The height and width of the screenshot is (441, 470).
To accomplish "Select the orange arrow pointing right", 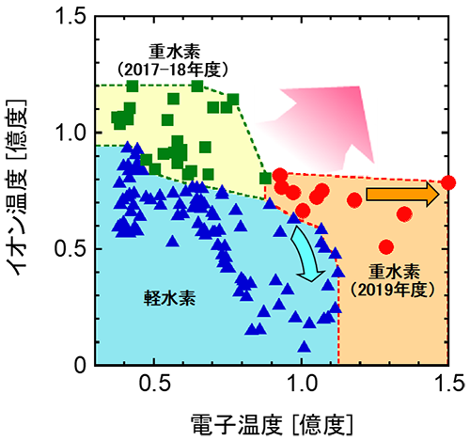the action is coord(403,195).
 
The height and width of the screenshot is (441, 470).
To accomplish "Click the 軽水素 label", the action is coord(169,297).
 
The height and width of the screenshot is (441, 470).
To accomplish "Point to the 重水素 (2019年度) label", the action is coord(393,281).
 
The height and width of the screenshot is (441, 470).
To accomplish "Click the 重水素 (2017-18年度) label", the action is coord(173,60).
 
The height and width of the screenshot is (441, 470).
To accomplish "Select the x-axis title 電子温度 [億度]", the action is coord(272,425).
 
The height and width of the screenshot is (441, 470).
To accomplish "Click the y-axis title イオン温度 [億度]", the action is coord(17,188).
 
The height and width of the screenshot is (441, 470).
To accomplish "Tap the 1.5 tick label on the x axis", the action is coord(449,383).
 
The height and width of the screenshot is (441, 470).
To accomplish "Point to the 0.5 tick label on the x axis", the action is coord(154,383).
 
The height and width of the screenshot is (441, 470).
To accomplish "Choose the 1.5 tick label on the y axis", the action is coord(70,15).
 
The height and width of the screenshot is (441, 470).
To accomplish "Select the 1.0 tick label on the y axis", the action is coord(70,133).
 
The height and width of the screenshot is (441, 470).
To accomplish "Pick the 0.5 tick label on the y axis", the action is coord(70,249).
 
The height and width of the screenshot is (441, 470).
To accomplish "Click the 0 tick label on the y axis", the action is coord(80,365).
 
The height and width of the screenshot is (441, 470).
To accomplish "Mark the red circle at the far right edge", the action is coord(448,182).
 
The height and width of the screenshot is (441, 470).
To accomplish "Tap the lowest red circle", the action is coord(386,247).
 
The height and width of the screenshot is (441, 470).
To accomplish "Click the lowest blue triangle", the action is coord(304,347).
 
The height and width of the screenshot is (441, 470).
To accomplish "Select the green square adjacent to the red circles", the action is coord(265,178).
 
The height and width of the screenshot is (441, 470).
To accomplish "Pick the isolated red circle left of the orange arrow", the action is coord(354,199).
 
